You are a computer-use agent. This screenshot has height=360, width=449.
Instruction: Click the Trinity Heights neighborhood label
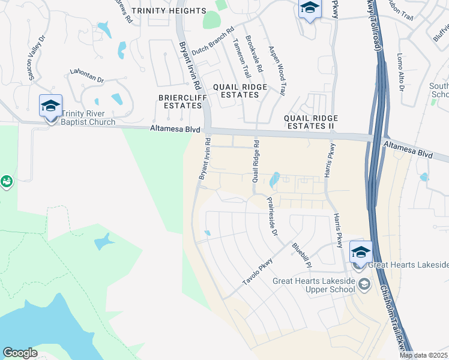click(x=168, y=11)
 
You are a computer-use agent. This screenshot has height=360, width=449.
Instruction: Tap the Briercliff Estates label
click(x=179, y=101)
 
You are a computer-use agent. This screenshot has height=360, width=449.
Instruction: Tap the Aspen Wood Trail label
click(x=277, y=71)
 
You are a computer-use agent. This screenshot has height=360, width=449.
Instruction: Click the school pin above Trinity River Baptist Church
click(x=50, y=107)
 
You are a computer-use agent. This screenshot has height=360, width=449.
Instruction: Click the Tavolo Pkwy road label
click(x=258, y=271)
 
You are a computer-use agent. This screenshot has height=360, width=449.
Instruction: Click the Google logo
click(x=20, y=353)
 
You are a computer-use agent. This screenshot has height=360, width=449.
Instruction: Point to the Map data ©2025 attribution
click(x=424, y=355)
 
